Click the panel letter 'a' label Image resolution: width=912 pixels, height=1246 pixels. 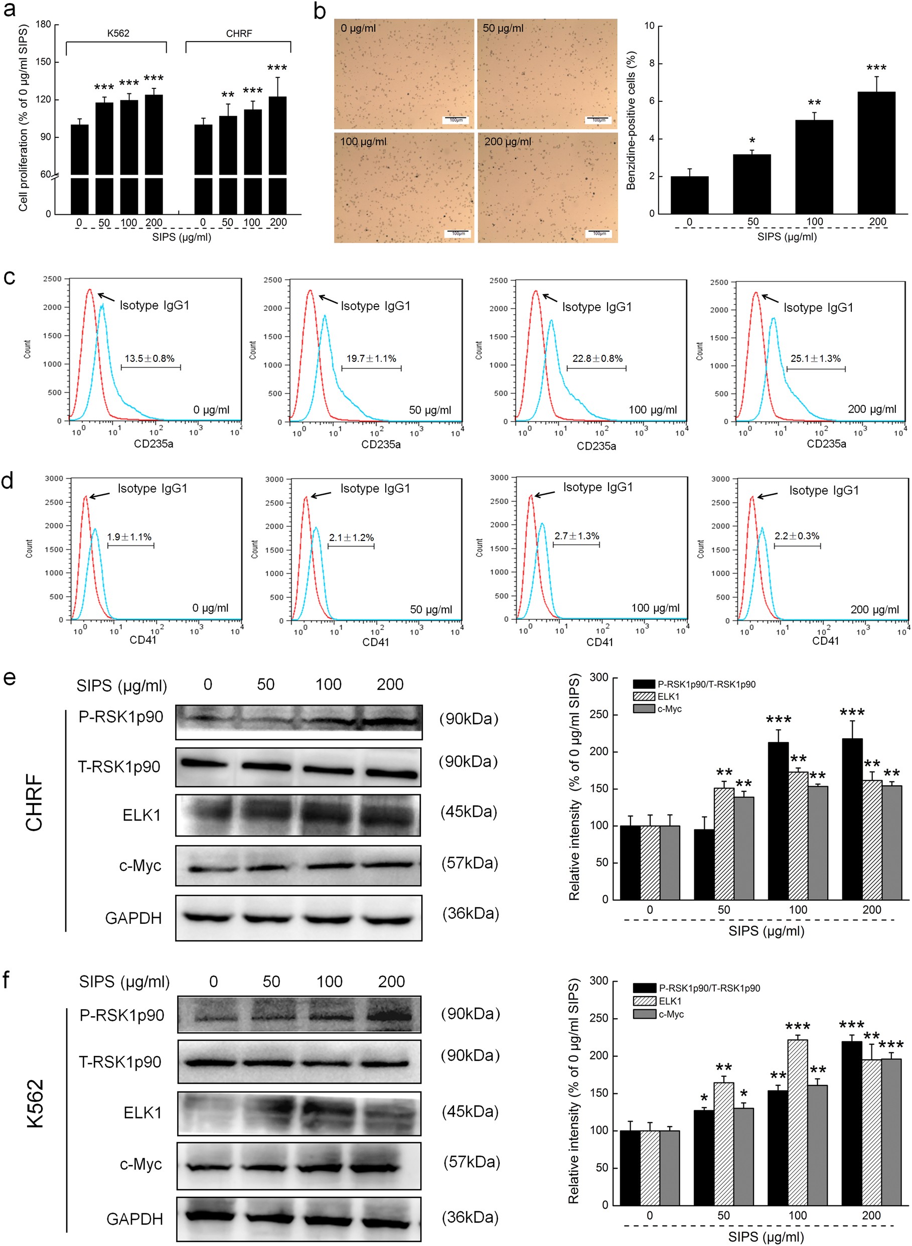(x=10, y=10)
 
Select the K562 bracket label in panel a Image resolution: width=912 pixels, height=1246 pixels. (x=118, y=33)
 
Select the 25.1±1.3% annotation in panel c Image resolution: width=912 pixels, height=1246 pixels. (x=815, y=358)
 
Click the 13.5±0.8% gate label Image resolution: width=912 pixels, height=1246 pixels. (x=149, y=358)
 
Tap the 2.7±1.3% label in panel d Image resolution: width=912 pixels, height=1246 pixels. (x=576, y=536)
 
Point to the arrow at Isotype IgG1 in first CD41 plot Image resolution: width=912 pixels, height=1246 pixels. (x=99, y=495)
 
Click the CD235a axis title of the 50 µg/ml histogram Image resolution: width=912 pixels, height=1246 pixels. (x=380, y=445)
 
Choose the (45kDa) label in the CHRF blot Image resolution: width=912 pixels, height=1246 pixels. (x=468, y=811)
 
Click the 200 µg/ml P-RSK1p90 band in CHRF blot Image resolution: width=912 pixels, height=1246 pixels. (x=391, y=721)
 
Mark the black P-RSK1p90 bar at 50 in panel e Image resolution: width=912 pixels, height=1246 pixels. (x=704, y=864)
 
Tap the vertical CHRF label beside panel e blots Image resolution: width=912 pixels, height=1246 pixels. (x=34, y=802)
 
